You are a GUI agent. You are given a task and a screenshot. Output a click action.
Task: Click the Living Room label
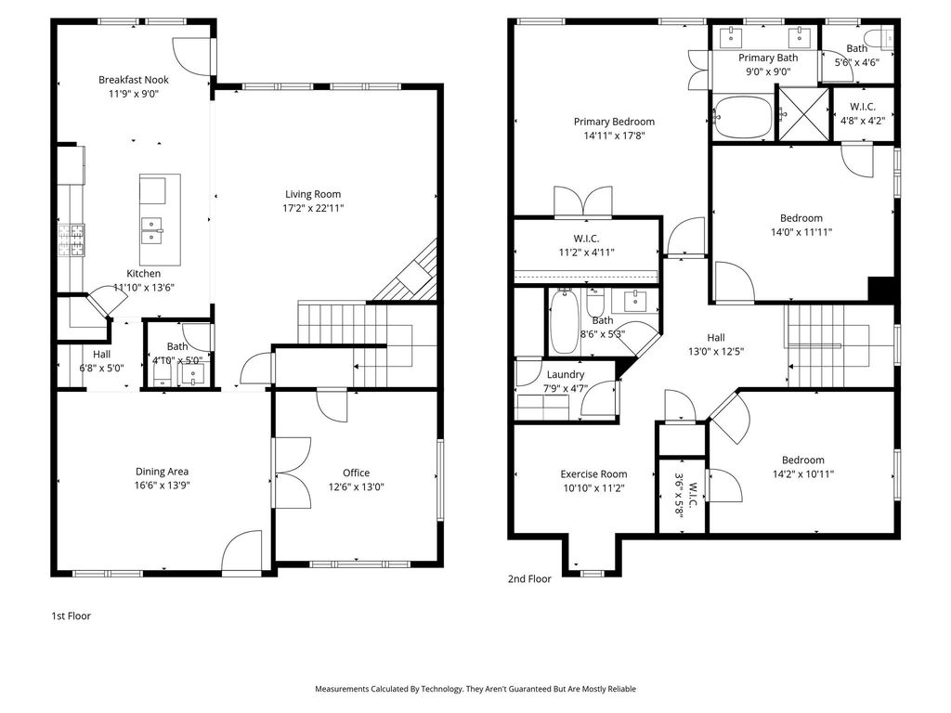(313, 194)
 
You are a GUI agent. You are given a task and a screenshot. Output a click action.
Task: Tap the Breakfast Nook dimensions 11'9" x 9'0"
(134, 94)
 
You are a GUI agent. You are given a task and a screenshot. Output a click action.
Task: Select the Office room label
(356, 473)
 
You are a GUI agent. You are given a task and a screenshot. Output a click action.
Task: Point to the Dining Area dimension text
(162, 486)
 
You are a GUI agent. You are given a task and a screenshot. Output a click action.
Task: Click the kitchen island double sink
(151, 231)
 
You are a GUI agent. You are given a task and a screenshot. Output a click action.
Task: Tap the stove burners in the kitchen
(72, 240)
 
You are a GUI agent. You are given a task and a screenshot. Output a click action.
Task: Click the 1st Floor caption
(71, 616)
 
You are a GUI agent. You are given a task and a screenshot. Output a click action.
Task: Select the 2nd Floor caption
(529, 579)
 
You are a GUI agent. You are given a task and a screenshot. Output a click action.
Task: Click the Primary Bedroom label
(615, 122)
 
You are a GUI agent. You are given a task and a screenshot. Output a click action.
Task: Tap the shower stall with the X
(803, 114)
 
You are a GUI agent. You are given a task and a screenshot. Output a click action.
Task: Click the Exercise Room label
(593, 474)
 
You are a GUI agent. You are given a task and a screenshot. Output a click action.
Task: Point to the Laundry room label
(566, 375)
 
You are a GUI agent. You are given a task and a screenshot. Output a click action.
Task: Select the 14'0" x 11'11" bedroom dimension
(801, 232)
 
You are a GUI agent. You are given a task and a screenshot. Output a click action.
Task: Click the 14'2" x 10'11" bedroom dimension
(803, 474)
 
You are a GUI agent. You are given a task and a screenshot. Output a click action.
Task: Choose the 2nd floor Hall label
(716, 338)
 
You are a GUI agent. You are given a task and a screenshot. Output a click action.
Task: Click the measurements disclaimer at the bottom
(475, 689)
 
